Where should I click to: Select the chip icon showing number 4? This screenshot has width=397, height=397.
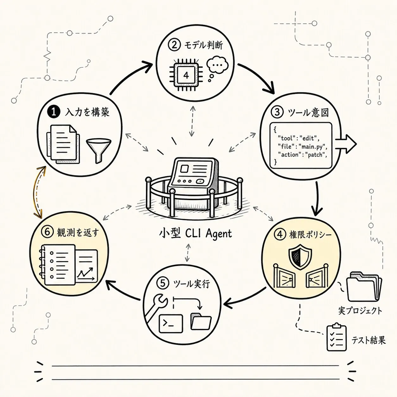pyautogui.click(x=186, y=75)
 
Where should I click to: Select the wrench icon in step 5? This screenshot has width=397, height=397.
pyautogui.click(x=157, y=307)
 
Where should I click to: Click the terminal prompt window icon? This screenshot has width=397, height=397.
pyautogui.click(x=171, y=323)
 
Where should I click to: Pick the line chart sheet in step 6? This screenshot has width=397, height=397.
pyautogui.click(x=87, y=266)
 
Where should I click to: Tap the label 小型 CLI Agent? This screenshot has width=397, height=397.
pyautogui.click(x=195, y=234)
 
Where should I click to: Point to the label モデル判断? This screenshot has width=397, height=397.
pyautogui.click(x=203, y=45)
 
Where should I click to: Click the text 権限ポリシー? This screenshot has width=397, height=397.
pyautogui.click(x=311, y=235)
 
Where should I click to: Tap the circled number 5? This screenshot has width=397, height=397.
pyautogui.click(x=163, y=283)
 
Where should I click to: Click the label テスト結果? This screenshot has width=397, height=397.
pyautogui.click(x=369, y=340)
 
